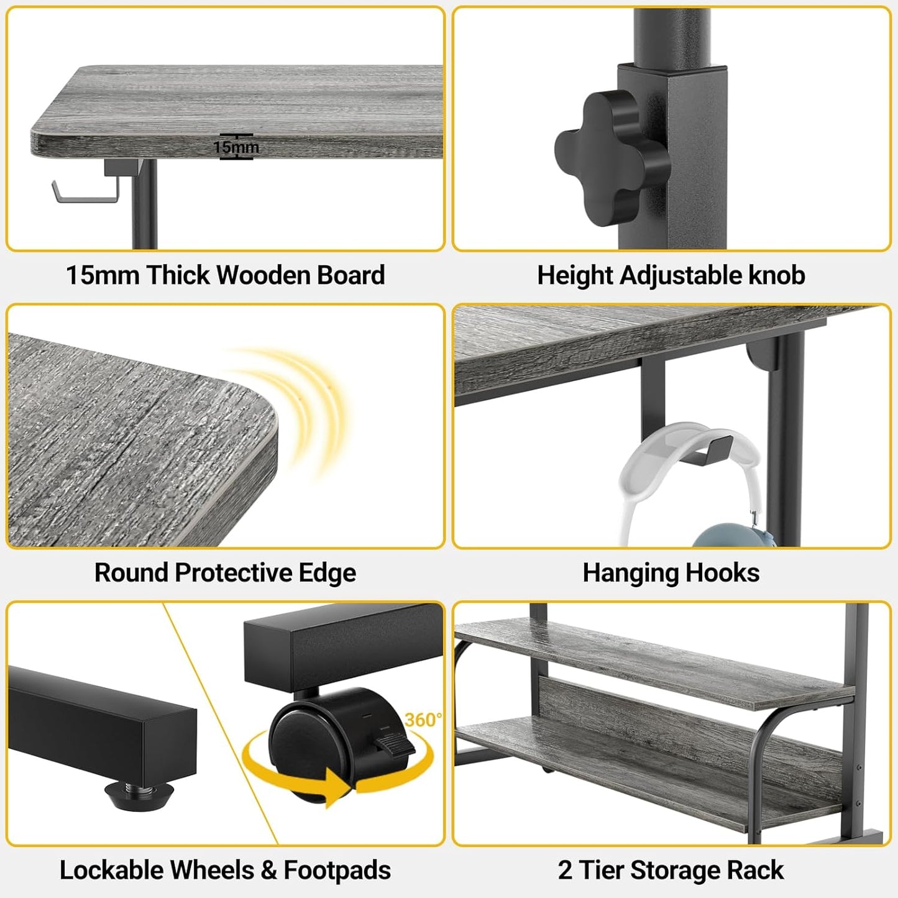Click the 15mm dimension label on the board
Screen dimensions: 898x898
click(x=236, y=147)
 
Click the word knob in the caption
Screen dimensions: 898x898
click(x=777, y=275)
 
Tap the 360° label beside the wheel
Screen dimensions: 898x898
click(x=423, y=720)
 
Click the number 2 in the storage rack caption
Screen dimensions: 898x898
click(x=564, y=870)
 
